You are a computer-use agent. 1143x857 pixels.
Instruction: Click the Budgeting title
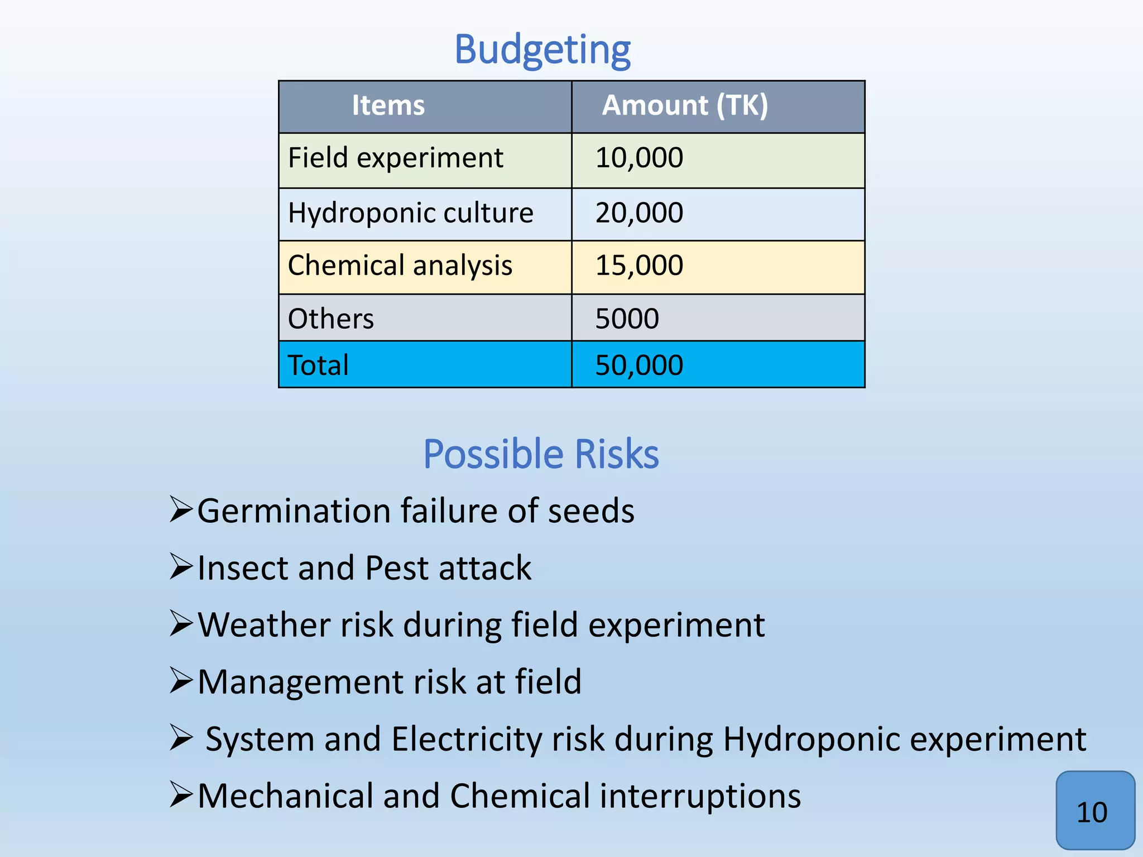[542, 50]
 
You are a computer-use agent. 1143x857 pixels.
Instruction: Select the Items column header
[388, 105]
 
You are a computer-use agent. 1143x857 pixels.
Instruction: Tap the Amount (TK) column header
[685, 105]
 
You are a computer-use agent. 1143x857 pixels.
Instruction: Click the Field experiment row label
[395, 158]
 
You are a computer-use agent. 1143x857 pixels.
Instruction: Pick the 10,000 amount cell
[639, 158]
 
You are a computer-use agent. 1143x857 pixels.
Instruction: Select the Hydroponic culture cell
[410, 213]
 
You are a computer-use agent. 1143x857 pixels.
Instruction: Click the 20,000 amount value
[639, 213]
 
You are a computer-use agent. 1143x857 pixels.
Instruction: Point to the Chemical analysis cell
[400, 266]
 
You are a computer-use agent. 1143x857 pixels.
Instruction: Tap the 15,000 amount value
[639, 266]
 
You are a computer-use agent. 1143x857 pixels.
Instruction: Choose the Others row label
[330, 319]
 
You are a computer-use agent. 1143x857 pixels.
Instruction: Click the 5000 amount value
[627, 319]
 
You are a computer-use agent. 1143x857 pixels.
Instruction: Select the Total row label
[318, 365]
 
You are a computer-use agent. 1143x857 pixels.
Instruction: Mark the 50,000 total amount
[639, 365]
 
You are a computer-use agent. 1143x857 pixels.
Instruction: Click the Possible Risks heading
[541, 454]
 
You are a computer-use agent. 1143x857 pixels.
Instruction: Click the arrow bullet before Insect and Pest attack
[181, 567]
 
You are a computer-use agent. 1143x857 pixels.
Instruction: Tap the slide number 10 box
[1094, 811]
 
